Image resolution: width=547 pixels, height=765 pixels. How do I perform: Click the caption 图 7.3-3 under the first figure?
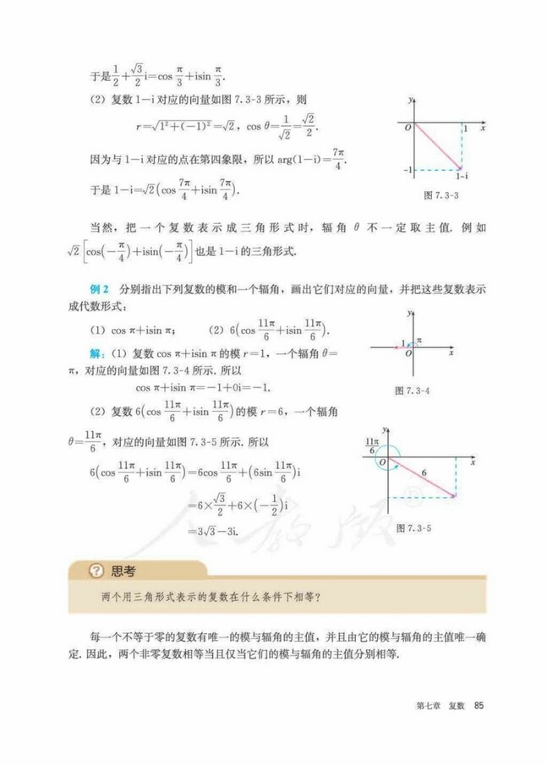click(440, 194)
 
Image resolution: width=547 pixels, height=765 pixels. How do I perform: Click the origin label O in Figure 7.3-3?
click(407, 127)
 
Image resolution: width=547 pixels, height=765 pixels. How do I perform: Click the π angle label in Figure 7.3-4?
click(418, 340)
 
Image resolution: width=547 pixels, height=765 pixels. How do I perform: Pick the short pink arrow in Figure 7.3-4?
click(401, 346)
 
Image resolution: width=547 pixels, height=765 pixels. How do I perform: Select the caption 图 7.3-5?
click(414, 527)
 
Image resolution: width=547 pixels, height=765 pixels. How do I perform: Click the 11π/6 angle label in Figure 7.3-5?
click(370, 446)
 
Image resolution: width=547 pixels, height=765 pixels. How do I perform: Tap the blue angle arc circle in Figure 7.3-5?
click(387, 455)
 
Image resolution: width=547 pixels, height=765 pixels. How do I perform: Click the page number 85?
click(479, 706)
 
